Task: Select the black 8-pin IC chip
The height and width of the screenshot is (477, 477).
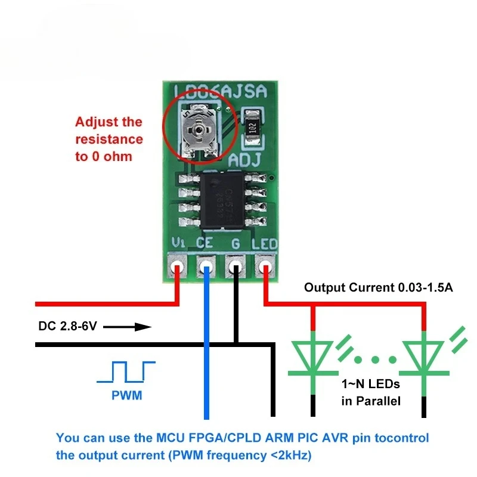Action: pyautogui.click(x=221, y=199)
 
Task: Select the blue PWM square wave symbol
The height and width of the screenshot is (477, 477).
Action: pyautogui.click(x=126, y=372)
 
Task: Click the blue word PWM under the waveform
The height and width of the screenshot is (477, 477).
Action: pyautogui.click(x=126, y=395)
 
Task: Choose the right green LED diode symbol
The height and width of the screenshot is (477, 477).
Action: pyautogui.click(x=425, y=358)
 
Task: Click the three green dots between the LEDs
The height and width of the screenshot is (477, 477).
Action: pyautogui.click(x=368, y=360)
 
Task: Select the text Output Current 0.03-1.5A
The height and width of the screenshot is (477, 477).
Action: pyautogui.click(x=379, y=287)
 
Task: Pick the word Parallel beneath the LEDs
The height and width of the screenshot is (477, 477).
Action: pyautogui.click(x=379, y=401)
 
